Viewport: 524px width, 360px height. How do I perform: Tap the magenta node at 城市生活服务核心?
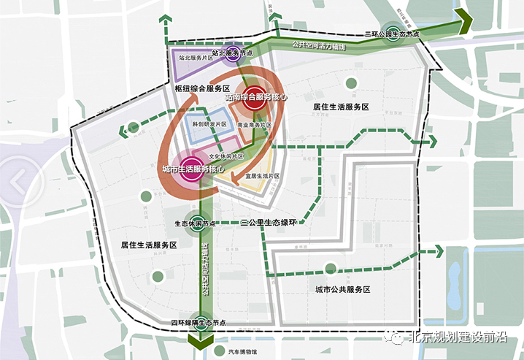(190, 167)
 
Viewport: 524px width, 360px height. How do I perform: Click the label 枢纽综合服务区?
(202, 89)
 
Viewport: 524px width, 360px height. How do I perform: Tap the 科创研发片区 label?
(208, 125)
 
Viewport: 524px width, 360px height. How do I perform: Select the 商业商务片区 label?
(255, 126)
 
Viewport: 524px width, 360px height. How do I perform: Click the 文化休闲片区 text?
(226, 156)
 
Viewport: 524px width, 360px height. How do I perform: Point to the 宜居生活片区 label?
(263, 177)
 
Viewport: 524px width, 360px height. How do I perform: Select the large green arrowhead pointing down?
(198, 343)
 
